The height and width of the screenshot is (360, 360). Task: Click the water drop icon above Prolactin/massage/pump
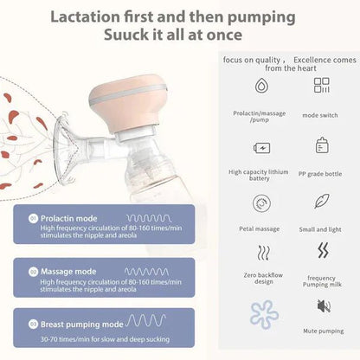click(260, 86)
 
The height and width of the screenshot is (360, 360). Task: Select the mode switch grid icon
click(322, 86)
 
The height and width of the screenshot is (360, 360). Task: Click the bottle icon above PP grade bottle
click(322, 145)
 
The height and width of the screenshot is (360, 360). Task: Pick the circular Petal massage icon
click(260, 202)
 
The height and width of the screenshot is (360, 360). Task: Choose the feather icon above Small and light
click(322, 202)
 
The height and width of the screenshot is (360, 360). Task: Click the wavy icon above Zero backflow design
click(260, 254)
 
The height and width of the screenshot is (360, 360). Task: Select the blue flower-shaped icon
click(263, 315)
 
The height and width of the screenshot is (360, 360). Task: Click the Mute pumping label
click(323, 331)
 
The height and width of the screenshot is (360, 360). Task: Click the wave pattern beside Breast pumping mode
click(146, 321)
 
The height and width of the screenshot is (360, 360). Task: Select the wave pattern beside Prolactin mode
click(151, 218)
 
